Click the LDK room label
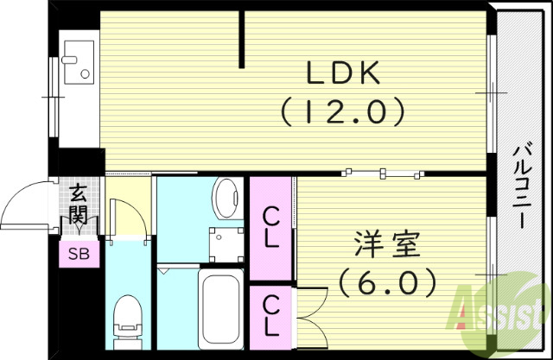tap(344, 75)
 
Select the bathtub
tap(222, 309)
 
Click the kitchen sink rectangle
tap(79, 62)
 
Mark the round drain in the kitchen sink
tap(86, 75)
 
